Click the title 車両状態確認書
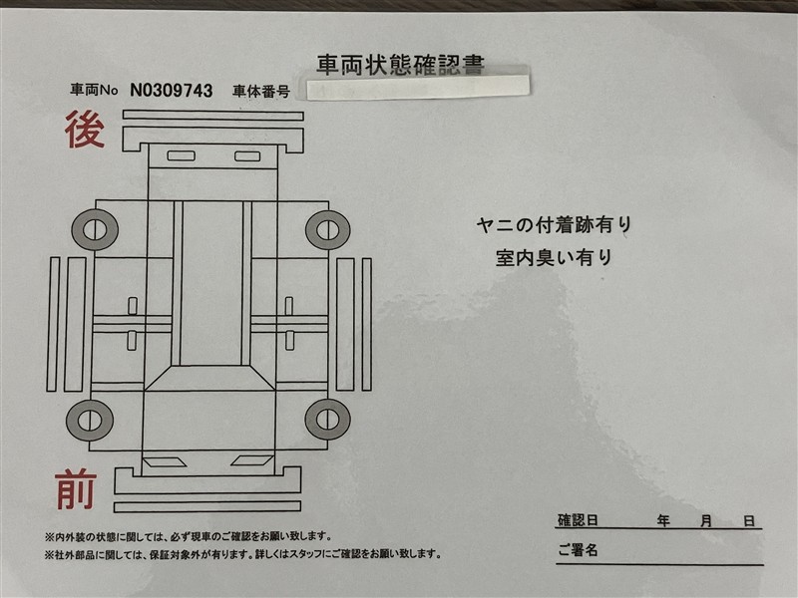point(400,65)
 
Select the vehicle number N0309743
point(172,91)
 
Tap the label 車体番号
point(261,92)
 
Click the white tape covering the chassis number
point(418,87)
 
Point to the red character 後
point(85,130)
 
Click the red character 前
point(76,489)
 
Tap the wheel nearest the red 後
point(95,229)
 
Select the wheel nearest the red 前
point(90,420)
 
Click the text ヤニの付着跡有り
point(555,225)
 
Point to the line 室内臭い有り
point(555,257)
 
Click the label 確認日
point(578,520)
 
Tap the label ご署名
point(578,550)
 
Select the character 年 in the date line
point(663,520)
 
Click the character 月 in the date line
point(706,520)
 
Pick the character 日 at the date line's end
point(749,520)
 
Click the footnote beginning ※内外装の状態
point(189,536)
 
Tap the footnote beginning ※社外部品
point(242,554)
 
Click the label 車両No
point(94,91)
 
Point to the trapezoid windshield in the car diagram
point(209,378)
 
